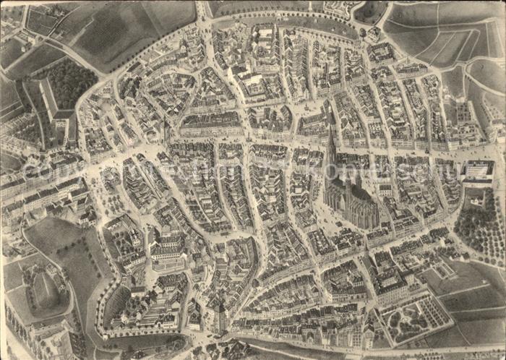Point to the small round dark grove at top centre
coord(369,12)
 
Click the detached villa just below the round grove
coord(373,33)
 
